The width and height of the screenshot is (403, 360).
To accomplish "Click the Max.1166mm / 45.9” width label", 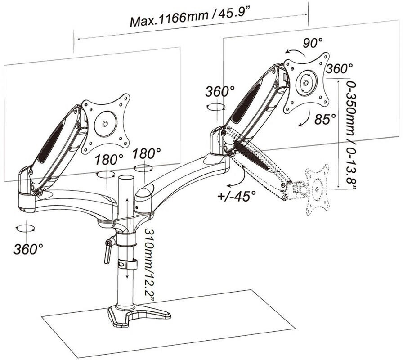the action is pos(190,17).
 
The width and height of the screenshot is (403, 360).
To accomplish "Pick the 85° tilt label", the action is pos(325,119).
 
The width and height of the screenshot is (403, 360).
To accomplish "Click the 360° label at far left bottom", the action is pos(28,249).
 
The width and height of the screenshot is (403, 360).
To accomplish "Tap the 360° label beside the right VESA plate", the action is pos(339,69).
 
